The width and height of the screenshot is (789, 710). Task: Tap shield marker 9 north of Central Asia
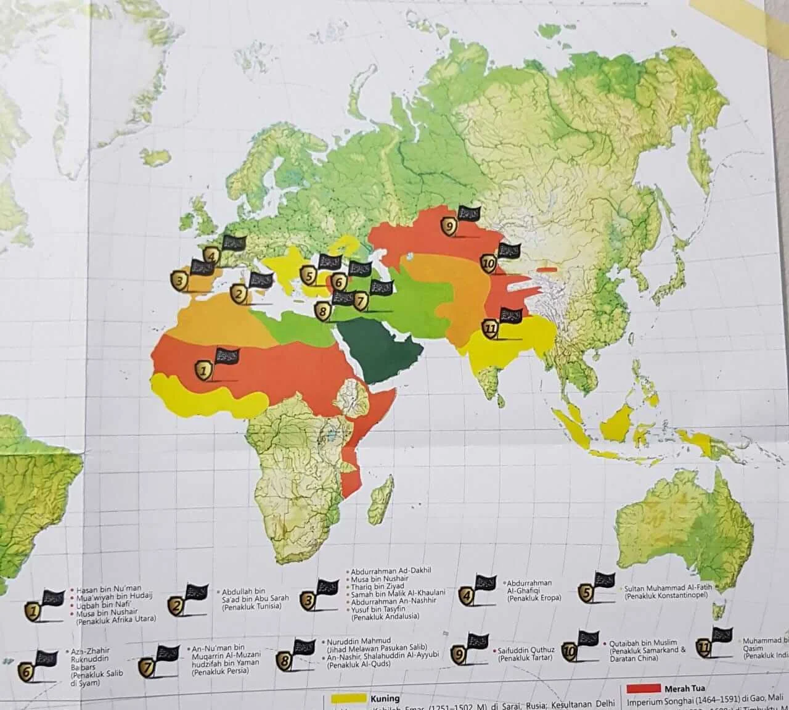[449, 226]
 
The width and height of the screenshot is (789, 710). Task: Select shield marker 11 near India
[491, 329]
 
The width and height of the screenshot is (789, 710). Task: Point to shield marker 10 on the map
[489, 264]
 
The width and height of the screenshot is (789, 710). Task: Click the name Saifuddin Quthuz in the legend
[526, 650]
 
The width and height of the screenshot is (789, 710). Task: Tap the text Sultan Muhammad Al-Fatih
[668, 588]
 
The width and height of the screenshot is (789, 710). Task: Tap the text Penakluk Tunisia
[250, 608]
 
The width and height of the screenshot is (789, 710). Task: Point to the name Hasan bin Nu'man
[108, 590]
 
